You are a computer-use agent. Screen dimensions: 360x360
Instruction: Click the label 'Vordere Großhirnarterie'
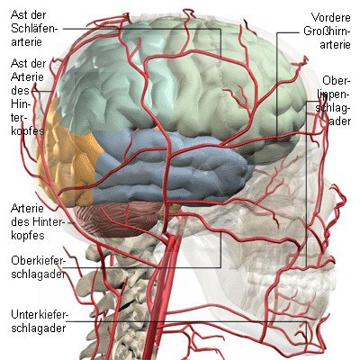pyautogui.click(x=327, y=31)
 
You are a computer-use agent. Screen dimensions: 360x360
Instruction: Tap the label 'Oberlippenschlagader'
pyautogui.click(x=333, y=101)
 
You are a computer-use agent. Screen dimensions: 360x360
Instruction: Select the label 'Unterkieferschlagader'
pyautogui.click(x=39, y=321)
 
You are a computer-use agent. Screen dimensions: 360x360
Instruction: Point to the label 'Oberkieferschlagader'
pyautogui.click(x=38, y=267)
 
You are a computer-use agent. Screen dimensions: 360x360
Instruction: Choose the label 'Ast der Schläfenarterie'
pyautogui.click(x=34, y=28)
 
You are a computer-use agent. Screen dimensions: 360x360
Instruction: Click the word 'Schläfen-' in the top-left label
pyautogui.click(x=34, y=29)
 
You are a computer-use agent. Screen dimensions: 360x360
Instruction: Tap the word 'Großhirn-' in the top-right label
pyautogui.click(x=327, y=31)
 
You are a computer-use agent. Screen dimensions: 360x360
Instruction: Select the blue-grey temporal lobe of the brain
pyautogui.click(x=171, y=168)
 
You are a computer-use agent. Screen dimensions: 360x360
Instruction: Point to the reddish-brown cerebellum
pyautogui.click(x=119, y=219)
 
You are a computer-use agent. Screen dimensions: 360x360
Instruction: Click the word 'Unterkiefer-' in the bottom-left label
pyautogui.click(x=40, y=315)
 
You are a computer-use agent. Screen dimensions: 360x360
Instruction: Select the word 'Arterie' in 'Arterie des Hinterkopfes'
pyautogui.click(x=27, y=208)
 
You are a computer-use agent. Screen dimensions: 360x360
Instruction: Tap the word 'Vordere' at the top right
pyautogui.click(x=331, y=17)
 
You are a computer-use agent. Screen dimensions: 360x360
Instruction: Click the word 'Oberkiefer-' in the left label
pyautogui.click(x=38, y=261)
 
